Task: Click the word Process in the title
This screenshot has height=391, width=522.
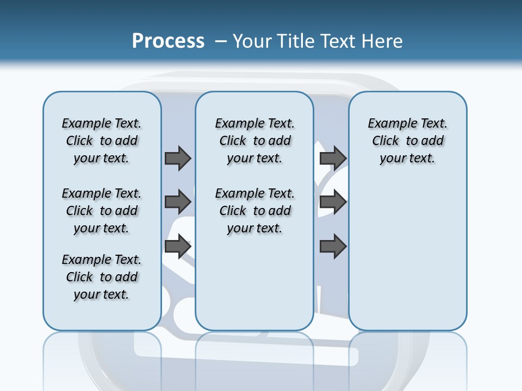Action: (x=168, y=41)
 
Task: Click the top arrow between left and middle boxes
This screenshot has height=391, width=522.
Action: (x=178, y=158)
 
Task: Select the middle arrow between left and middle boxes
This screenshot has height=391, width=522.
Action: (x=178, y=202)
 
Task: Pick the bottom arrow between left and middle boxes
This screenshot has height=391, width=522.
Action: (x=178, y=247)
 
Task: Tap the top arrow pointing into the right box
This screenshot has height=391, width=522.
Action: (x=333, y=158)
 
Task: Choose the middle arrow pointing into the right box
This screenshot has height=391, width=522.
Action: (x=333, y=202)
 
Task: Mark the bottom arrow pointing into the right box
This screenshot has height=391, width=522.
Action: (x=333, y=247)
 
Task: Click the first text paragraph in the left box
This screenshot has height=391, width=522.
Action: (x=102, y=141)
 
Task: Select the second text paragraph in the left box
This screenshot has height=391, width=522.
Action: (x=102, y=211)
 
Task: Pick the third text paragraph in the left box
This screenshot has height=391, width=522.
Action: (x=102, y=277)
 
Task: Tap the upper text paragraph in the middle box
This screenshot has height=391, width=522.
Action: (x=254, y=141)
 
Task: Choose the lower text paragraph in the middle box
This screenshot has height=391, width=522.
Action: (x=254, y=211)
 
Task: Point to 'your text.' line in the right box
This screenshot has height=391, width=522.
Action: (x=407, y=159)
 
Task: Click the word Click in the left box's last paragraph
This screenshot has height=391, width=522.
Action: (x=79, y=277)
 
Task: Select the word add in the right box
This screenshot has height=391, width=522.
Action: (x=432, y=141)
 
